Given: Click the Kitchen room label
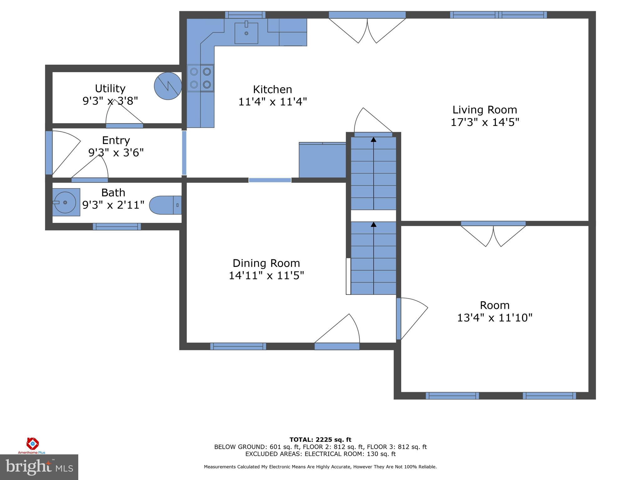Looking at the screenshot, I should coord(272,89).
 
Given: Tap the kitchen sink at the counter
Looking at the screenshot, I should coord(246,33).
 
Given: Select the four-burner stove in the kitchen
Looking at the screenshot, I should coord(200,78).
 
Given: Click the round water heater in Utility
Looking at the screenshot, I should coord(168,86).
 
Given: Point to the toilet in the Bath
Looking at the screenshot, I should coord(165,205).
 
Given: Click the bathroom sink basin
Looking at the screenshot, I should coord(65,202).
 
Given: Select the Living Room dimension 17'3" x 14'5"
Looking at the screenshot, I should coord(485,122).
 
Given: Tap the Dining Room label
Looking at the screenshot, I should coord(266,263).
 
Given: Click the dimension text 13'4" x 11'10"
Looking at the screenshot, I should coord(495,318).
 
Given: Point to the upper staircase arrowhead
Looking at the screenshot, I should coord(373,140).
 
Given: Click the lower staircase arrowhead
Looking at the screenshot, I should coord(373,224).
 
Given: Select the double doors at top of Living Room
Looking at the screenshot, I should coord(367,30).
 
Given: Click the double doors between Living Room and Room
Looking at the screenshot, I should coord(493,234).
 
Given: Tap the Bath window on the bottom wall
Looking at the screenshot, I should coord(117,227).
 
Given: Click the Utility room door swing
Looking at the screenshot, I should coord(124,112).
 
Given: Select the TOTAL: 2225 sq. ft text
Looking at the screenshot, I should coord(320,440).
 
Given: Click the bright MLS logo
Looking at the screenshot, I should coord(39,467).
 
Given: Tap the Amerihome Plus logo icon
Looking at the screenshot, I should coord(32,443).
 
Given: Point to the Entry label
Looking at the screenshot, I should coord(116,140).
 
